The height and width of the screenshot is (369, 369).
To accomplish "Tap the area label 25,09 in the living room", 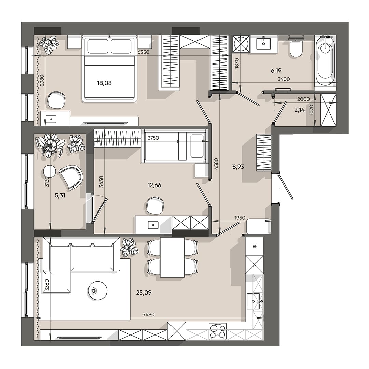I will coord(143,292).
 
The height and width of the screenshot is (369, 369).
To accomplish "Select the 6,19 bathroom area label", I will coord(276,70).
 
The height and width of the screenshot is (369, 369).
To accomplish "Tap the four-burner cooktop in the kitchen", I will coord(218,331).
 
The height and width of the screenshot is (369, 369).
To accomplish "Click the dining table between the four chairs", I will coord(172,257).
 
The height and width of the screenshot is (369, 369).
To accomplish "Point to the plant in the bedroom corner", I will coord(49,45).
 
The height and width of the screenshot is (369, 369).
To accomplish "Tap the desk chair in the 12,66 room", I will coord(155,206).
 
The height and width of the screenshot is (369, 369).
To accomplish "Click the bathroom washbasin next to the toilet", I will coord(263,43).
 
